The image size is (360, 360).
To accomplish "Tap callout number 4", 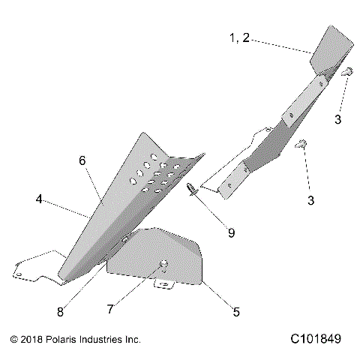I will point(37,200).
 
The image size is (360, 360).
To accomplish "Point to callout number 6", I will point(82,160).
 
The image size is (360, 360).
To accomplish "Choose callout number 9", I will point(231,232).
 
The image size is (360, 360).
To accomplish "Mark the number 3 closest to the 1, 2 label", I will point(338,119).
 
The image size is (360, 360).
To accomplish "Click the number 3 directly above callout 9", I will point(310,200).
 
